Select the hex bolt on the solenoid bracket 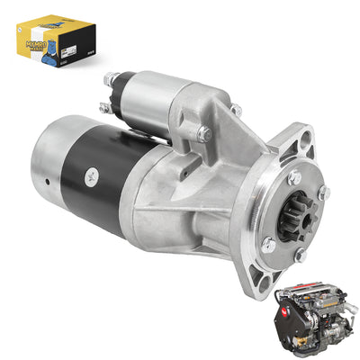point(204,132)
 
